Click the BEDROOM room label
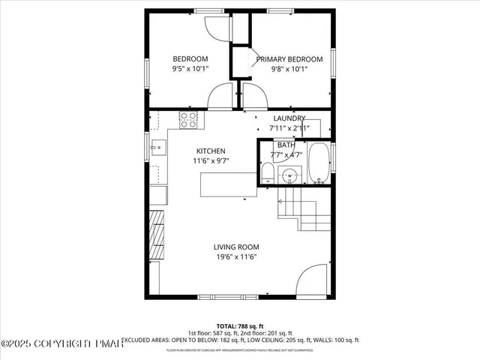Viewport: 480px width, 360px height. coord(190,59)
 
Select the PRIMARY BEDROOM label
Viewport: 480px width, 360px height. coord(289,59)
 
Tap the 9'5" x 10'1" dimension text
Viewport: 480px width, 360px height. coord(190,69)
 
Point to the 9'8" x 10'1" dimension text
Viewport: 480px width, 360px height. coord(289,69)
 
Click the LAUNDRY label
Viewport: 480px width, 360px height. coord(289,118)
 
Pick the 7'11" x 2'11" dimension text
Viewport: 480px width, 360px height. coord(289,128)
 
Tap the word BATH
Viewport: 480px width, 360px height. coord(286,145)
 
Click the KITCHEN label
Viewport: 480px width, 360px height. coord(211,151)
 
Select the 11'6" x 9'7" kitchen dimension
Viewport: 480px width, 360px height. coord(211,160)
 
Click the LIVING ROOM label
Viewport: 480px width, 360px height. coord(236,247)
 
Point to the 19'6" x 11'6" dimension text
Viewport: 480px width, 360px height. coord(236,257)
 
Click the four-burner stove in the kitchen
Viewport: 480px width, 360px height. coord(187,118)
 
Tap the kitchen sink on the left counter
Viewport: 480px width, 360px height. coord(157,147)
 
